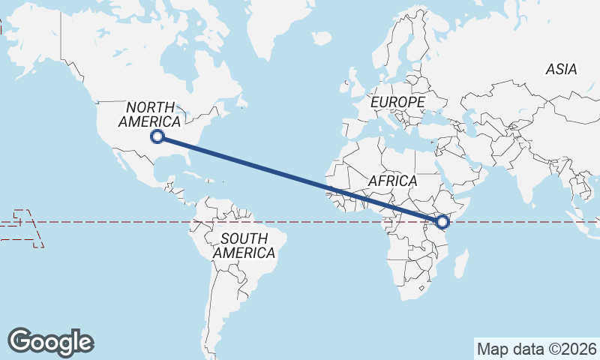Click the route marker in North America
click(x=157, y=136)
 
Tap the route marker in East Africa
click(x=442, y=222)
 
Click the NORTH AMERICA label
click(x=150, y=114)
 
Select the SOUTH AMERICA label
click(x=244, y=246)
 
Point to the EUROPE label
click(x=397, y=101)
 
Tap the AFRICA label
click(x=392, y=181)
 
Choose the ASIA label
click(x=561, y=70)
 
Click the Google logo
click(x=50, y=341)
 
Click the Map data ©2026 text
click(x=537, y=349)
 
